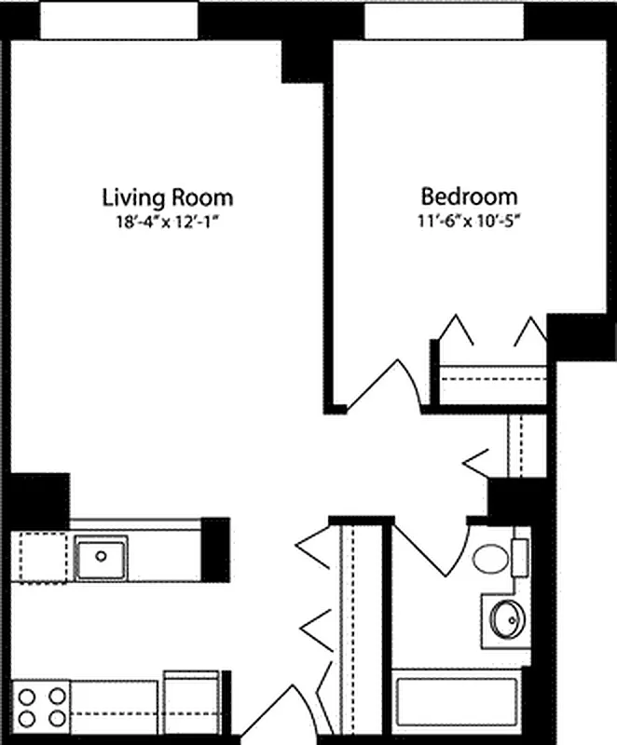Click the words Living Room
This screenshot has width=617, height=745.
click(x=167, y=197)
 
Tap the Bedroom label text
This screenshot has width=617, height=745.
click(x=469, y=197)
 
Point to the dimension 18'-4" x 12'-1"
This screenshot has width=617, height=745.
click(x=167, y=222)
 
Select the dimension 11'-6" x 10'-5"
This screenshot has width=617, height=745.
click(x=469, y=222)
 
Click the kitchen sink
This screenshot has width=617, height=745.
click(x=102, y=556)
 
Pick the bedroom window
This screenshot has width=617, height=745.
click(x=442, y=20)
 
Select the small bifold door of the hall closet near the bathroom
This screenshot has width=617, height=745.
click(x=477, y=457)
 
